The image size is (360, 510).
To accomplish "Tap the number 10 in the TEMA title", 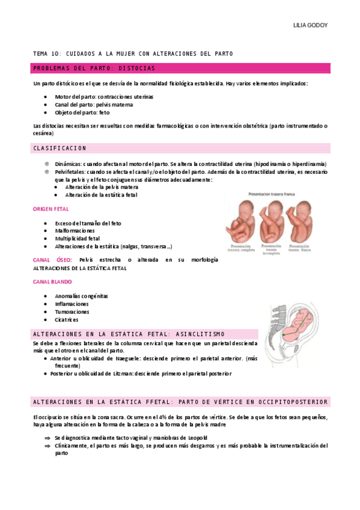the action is point(57,54).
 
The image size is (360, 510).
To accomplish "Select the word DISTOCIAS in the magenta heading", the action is point(137,68).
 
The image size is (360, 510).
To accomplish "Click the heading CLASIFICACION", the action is point(60,148).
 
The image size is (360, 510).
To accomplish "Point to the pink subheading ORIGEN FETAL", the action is point(50,209).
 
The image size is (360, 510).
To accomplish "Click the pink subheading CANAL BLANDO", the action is point(52,281).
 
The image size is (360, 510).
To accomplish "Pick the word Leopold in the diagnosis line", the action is point(196,438).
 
